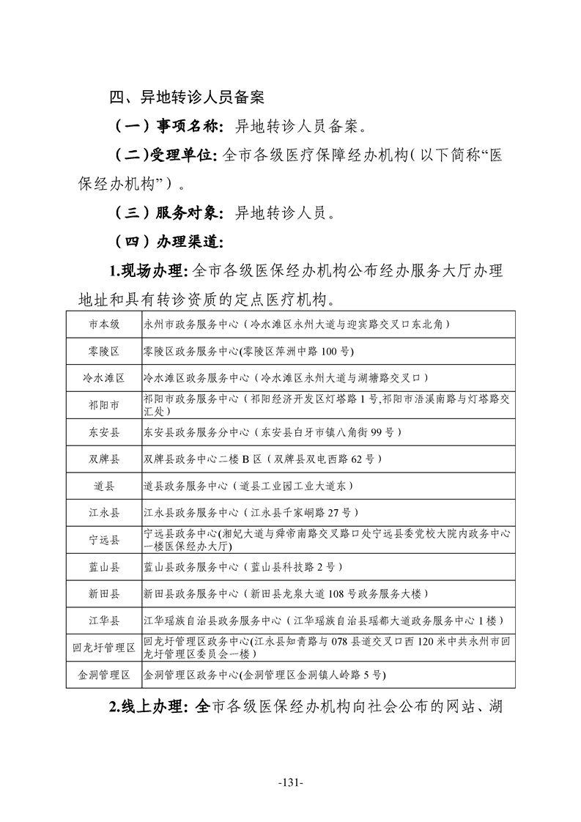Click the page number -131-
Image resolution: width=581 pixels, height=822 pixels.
click(x=291, y=782)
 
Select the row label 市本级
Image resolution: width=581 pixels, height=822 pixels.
click(x=104, y=324)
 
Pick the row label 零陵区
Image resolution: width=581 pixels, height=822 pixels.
click(x=104, y=352)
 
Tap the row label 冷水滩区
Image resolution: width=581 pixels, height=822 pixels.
click(x=104, y=378)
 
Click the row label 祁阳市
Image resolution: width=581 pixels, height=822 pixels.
click(x=104, y=405)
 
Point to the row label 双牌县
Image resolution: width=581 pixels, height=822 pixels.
click(x=104, y=459)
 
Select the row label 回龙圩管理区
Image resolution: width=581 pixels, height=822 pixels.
click(x=104, y=648)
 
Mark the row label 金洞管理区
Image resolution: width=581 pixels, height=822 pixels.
click(x=104, y=675)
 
